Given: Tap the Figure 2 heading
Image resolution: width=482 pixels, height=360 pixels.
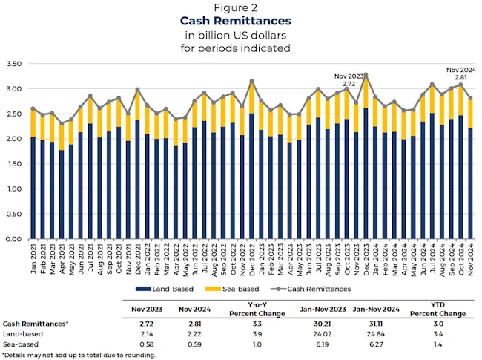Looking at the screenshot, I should pyautogui.click(x=240, y=7).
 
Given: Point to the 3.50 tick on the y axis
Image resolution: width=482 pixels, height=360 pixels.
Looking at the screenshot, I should pyautogui.click(x=15, y=64).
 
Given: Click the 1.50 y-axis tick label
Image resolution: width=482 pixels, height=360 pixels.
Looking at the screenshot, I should pyautogui.click(x=15, y=164).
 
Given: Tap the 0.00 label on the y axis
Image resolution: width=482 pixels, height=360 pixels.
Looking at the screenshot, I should pyautogui.click(x=15, y=239).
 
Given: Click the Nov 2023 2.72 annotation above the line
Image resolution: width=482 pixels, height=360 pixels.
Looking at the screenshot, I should pyautogui.click(x=349, y=80).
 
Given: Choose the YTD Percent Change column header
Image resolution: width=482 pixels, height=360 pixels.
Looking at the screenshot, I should pyautogui.click(x=439, y=309).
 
